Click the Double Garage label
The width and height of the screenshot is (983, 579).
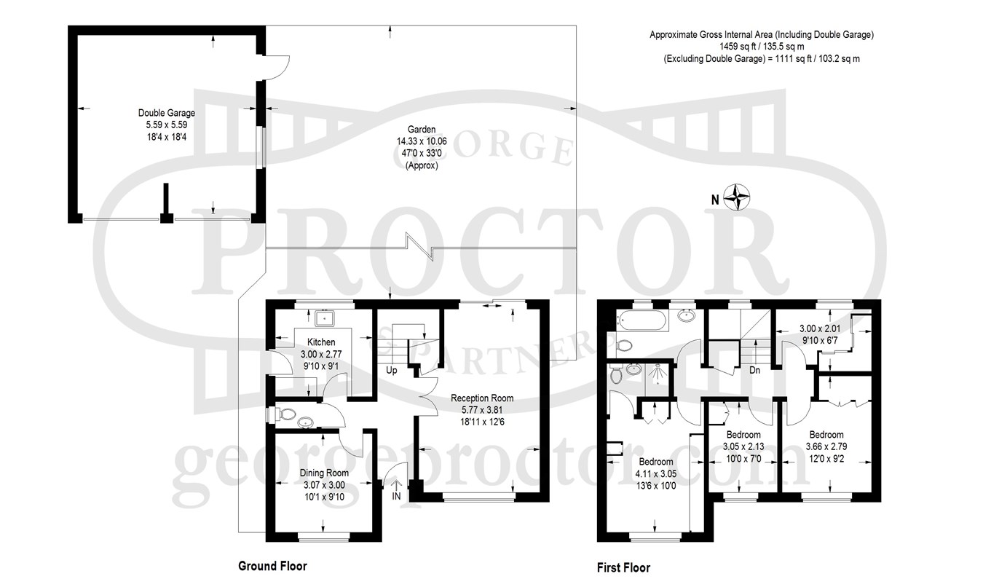click(x=167, y=113)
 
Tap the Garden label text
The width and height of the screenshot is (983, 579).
click(x=422, y=129)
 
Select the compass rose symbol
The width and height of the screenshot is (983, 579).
click(x=736, y=197)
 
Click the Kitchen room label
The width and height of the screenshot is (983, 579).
click(x=321, y=342)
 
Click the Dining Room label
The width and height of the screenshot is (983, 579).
click(x=324, y=473)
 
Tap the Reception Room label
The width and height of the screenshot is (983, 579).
click(x=482, y=398)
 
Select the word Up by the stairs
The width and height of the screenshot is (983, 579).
click(x=392, y=371)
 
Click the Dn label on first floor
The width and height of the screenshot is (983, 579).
click(x=755, y=370)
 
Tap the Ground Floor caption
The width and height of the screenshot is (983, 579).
click(x=272, y=567)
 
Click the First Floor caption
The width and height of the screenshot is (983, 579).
click(x=623, y=568)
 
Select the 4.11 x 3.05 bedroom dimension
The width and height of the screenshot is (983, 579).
click(x=656, y=473)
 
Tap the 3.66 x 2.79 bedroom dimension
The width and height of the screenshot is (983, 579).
click(x=826, y=446)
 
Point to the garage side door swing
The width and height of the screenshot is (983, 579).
click(x=277, y=68)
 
